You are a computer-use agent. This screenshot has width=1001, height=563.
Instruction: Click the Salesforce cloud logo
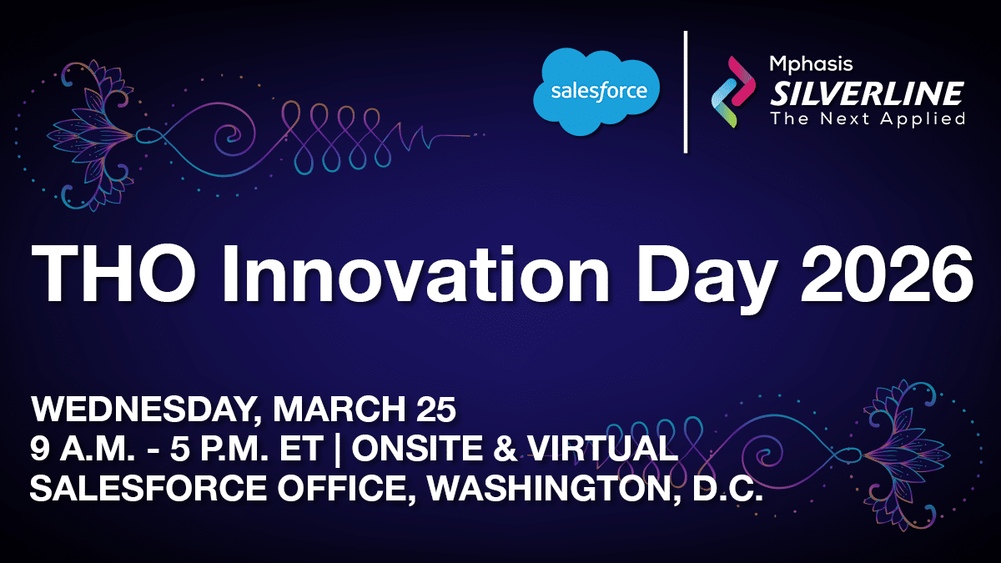[x=596, y=92]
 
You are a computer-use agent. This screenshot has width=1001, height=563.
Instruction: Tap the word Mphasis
[x=811, y=65]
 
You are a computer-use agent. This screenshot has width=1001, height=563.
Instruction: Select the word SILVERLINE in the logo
[x=867, y=93]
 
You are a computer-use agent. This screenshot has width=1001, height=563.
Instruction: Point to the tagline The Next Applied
[x=868, y=118]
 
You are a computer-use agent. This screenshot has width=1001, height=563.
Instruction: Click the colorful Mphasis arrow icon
[x=733, y=92]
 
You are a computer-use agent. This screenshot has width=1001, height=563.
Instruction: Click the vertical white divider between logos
[x=686, y=92]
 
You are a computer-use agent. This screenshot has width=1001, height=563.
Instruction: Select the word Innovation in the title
[x=415, y=274]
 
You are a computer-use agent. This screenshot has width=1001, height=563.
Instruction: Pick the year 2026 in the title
[x=888, y=274]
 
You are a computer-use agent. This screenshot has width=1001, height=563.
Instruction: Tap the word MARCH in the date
[x=340, y=409]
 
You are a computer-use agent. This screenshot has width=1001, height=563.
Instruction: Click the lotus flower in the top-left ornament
[x=92, y=135]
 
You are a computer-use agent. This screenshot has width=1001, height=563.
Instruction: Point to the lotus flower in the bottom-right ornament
[x=908, y=456]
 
